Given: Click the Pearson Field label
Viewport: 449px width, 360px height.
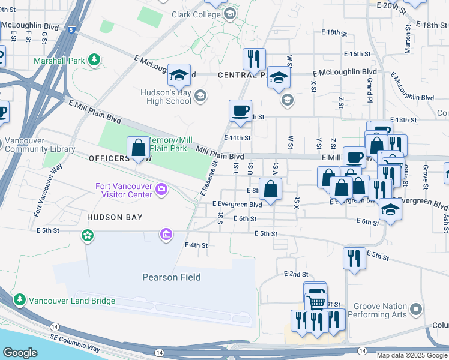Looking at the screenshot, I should click(171, 277).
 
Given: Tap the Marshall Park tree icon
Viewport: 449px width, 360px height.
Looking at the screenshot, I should click(94, 59).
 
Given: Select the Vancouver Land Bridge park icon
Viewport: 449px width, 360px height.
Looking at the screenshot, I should click(19, 299).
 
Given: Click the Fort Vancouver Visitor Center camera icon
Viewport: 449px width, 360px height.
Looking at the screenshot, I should click(160, 190).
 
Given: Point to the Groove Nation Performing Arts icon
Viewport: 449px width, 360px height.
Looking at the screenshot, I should click(415, 310).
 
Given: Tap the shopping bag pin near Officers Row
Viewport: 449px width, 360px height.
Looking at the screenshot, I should click(138, 148).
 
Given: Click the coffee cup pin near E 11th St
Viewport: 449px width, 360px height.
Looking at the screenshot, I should click(240, 111).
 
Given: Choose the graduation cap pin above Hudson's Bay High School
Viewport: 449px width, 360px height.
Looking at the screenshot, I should click(179, 75).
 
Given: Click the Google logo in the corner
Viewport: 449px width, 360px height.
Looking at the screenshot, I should click(20, 353).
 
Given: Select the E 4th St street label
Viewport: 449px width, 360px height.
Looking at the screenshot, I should click(196, 245).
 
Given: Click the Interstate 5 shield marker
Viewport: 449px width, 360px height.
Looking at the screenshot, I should click(72, 29).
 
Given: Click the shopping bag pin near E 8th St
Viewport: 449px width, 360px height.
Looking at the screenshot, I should click(271, 188).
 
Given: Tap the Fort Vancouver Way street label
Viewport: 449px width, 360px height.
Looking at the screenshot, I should click(47, 190).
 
